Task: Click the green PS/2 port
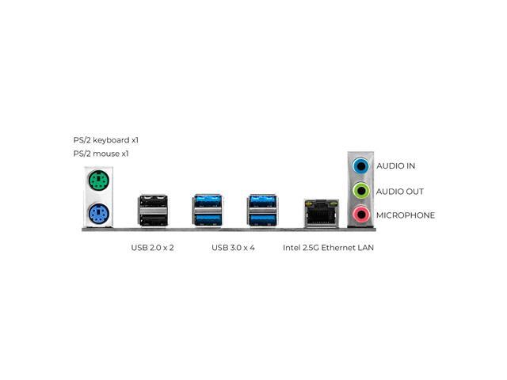[98, 180]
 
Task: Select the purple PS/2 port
[98, 213]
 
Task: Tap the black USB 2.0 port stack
[153, 211]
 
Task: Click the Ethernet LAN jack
[322, 213]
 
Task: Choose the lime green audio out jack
[361, 191]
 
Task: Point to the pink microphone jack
[361, 214]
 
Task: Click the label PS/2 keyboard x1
[105, 140]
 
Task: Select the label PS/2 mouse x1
[101, 154]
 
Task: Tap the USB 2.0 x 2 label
[152, 248]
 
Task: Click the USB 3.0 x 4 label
[233, 248]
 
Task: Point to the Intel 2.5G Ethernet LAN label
[328, 248]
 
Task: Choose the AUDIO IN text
[396, 166]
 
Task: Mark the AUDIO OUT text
[400, 192]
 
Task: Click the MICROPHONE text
[406, 215]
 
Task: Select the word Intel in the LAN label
[292, 248]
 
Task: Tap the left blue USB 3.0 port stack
[208, 211]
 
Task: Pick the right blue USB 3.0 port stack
[262, 211]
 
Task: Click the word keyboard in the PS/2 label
[111, 140]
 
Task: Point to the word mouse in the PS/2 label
[106, 154]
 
